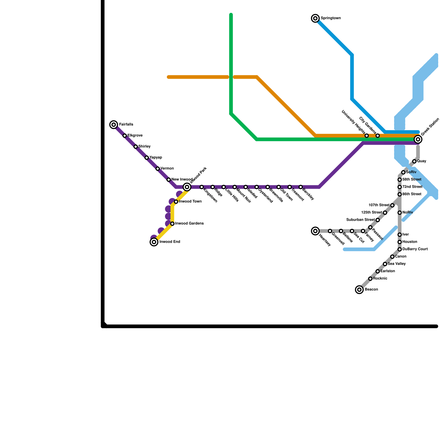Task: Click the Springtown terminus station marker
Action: (315, 18)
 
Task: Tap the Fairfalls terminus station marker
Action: (114, 125)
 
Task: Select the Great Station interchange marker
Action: (418, 139)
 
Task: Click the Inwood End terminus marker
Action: (154, 242)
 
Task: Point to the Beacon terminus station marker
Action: (359, 290)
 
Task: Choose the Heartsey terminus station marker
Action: (315, 231)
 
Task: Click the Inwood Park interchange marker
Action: (187, 187)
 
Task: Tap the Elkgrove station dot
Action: (125, 136)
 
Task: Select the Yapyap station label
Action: (155, 158)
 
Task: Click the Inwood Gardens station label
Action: (189, 224)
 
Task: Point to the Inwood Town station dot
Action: (176, 202)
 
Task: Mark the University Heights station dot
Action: (367, 136)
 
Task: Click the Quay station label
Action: (422, 161)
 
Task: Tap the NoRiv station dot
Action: (400, 213)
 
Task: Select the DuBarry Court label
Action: (415, 249)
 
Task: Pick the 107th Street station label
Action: (379, 205)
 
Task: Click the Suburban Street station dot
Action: (378, 220)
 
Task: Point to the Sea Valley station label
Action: (397, 264)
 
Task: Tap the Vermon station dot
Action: (158, 169)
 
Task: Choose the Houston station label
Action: (410, 242)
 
